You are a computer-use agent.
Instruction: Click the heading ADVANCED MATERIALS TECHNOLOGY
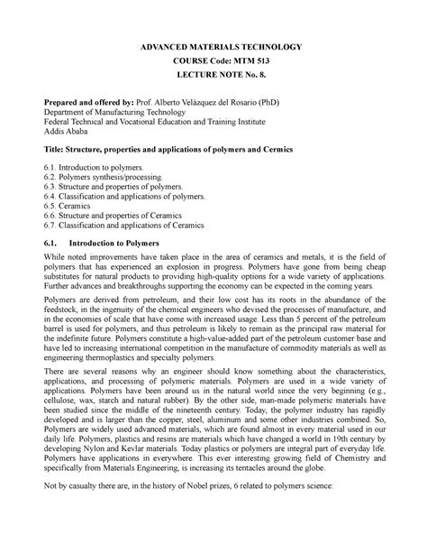click(x=213, y=45)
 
